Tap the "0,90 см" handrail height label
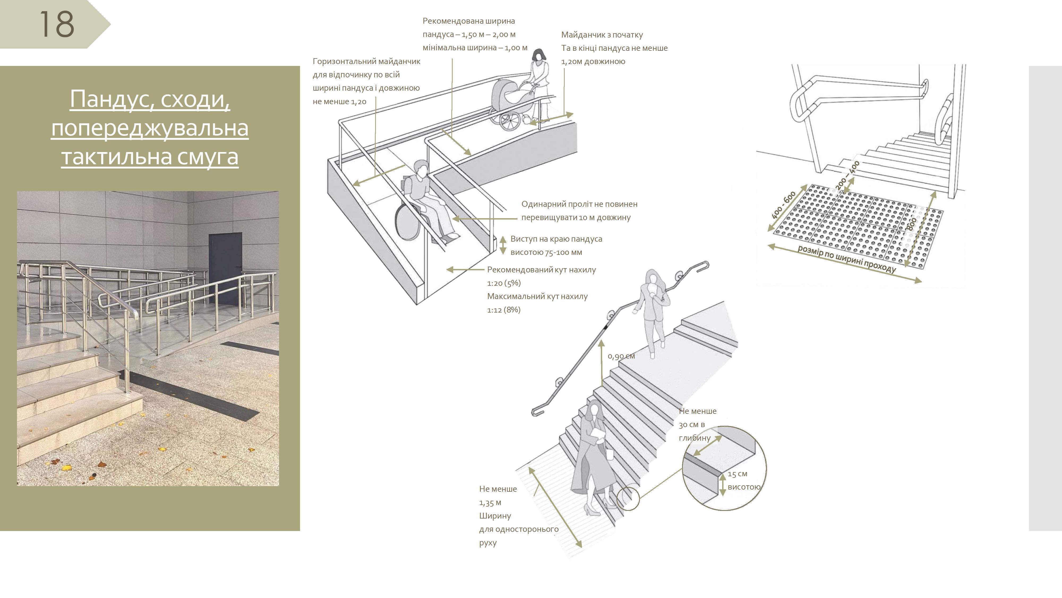(x=621, y=356)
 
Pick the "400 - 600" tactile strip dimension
(x=783, y=205)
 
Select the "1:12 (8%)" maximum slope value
(x=504, y=310)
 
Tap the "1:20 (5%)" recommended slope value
(x=504, y=283)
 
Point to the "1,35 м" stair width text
(x=490, y=503)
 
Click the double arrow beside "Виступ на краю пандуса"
(x=503, y=245)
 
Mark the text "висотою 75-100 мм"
(x=546, y=252)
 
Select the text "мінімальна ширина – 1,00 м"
(x=475, y=48)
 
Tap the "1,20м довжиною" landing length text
(x=593, y=61)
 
